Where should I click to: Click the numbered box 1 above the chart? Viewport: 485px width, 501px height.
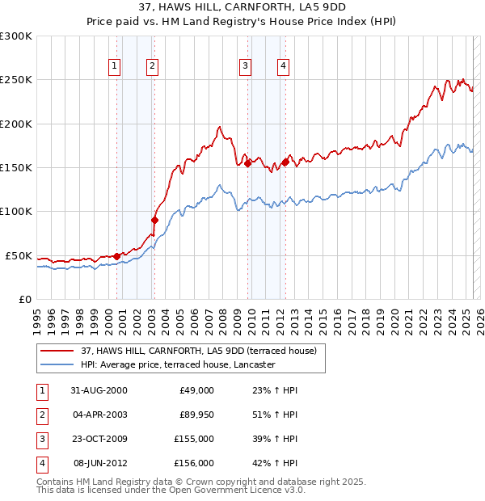pos(114,67)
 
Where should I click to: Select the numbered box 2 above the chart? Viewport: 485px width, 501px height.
pos(152,67)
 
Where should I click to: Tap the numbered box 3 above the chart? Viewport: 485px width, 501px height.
pos(245,67)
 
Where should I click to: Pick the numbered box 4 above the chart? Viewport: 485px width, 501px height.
pos(284,67)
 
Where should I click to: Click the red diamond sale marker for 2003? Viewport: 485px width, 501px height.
pos(154,220)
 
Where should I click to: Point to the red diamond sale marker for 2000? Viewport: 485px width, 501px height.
pos(117,256)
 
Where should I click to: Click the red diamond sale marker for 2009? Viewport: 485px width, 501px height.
pos(247,163)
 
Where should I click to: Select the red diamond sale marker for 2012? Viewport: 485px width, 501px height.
pos(285,162)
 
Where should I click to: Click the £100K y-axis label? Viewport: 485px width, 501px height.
pos(16,212)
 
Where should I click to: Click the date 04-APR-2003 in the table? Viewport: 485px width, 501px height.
pos(100,415)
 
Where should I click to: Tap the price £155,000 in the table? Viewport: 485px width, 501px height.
pos(194,439)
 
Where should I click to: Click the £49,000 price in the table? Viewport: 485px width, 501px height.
pos(196,390)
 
